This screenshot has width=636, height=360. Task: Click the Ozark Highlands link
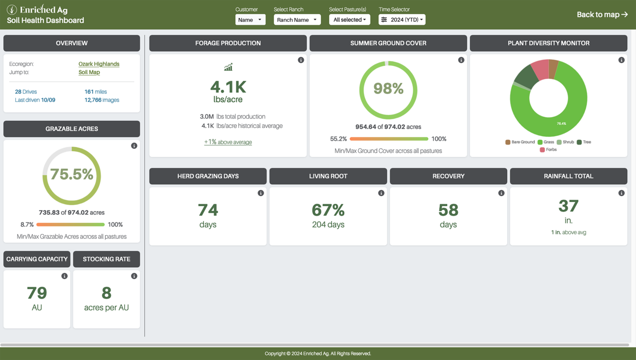pos(99,64)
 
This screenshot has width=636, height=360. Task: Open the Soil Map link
pos(89,72)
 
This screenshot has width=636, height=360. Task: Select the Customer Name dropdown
pos(250,19)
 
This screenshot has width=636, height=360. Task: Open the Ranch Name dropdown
pos(297,19)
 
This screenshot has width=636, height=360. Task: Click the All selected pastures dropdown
pos(349,19)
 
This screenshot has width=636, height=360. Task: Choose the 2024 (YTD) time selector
pos(402,19)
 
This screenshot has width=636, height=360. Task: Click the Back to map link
pos(602,14)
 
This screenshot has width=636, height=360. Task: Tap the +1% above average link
pos(228,142)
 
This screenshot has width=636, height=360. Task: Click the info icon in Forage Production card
pos(301,60)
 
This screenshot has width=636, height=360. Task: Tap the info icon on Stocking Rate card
pos(134,276)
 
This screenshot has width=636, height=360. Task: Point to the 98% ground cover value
pos(388,88)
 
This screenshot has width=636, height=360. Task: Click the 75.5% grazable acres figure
pos(72,174)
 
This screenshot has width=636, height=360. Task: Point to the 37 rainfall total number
pos(568,206)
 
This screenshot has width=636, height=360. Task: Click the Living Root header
pos(328,176)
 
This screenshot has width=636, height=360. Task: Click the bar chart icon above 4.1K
pos(228,67)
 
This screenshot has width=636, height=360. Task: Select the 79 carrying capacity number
pos(37,293)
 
